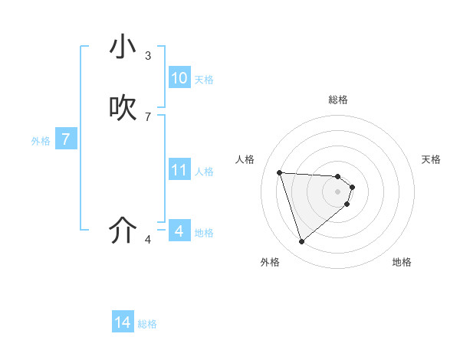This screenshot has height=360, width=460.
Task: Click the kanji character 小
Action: pos(123,47)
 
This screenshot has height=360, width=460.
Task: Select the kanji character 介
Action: pos(123,231)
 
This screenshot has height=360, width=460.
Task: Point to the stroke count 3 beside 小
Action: pos(148,55)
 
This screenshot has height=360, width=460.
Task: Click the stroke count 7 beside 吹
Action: pos(148,117)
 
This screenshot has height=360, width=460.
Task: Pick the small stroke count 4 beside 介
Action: pos(148,240)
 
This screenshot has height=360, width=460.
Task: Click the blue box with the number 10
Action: pos(179,78)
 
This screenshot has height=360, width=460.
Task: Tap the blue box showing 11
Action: pos(179,170)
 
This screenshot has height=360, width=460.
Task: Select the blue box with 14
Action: pos(123,323)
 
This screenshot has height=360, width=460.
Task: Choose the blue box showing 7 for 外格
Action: pos(66,139)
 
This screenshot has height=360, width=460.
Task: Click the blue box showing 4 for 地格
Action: pos(179,231)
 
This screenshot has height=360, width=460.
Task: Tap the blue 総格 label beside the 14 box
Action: pos(147,324)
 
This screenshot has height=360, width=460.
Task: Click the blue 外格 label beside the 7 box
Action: pos(41,141)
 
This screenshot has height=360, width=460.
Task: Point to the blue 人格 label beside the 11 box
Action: pos(205,172)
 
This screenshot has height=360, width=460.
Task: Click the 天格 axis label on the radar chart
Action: pos(431,159)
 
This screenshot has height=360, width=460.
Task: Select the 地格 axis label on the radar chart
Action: pos(402,262)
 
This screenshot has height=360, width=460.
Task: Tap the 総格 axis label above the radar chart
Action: pos(338,100)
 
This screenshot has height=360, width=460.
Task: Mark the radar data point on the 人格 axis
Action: pos(280,172)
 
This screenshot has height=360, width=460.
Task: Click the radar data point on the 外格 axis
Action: pos(301,242)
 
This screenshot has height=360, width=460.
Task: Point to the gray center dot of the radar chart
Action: pos(338,191)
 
